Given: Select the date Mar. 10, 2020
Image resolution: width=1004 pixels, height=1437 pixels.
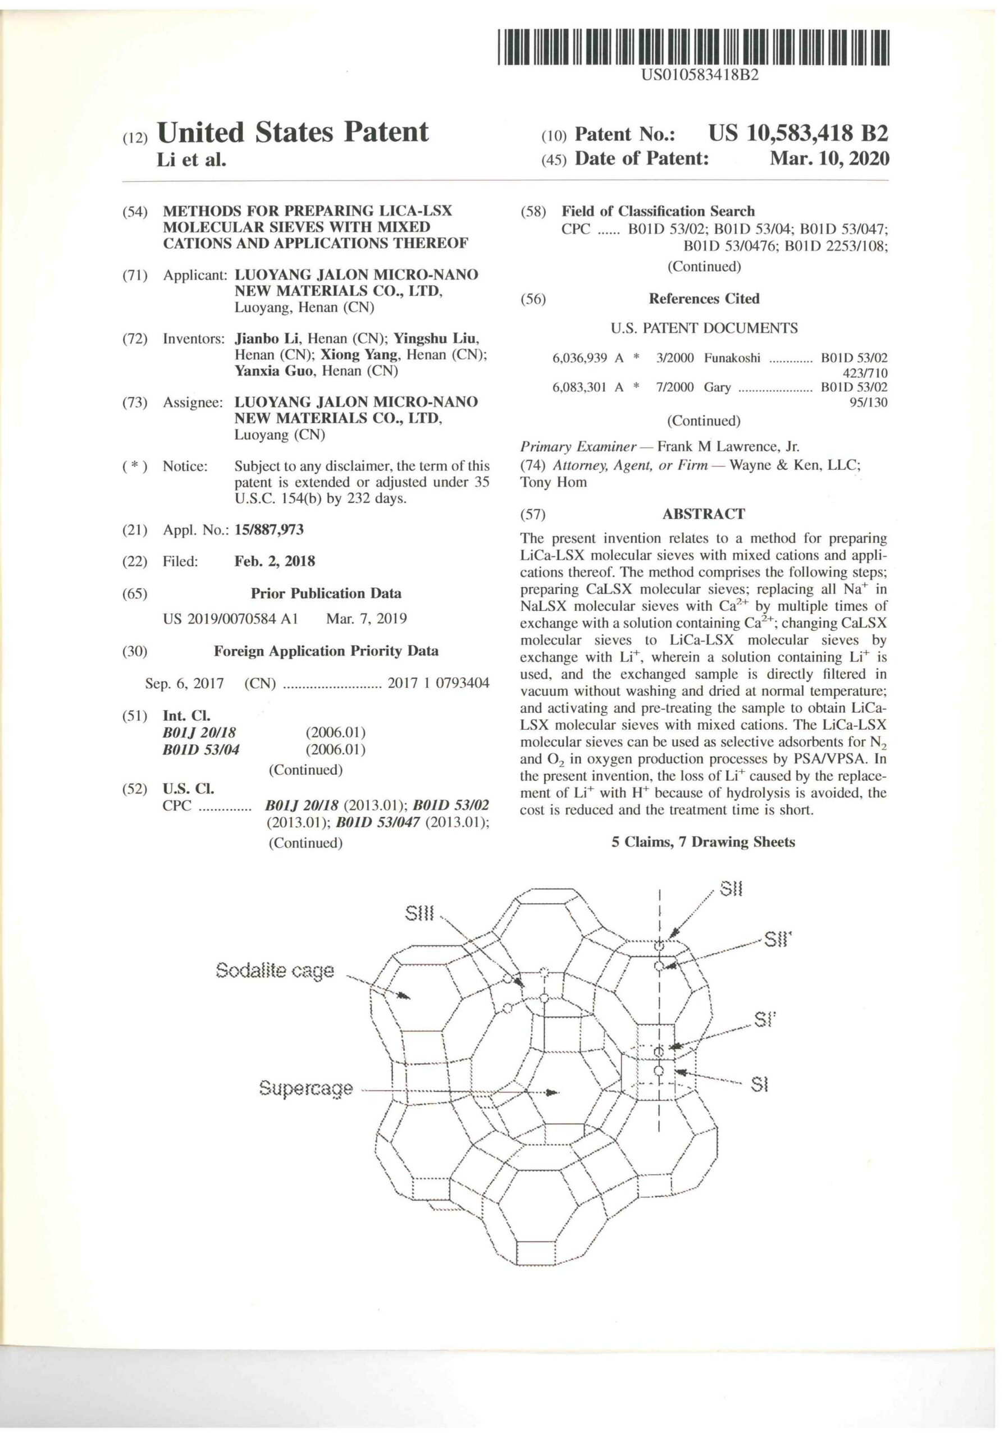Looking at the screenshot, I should pos(829,158).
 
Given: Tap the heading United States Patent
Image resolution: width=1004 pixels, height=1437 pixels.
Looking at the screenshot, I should pos(293,132).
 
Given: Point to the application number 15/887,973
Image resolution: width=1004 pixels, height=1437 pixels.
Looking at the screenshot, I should pos(268,529).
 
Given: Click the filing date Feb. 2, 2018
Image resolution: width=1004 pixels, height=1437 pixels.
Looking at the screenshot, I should pos(274,561).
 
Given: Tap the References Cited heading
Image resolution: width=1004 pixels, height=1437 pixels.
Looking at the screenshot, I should pos(704,299).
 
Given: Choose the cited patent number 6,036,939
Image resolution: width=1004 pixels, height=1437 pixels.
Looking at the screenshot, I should pos(579,358).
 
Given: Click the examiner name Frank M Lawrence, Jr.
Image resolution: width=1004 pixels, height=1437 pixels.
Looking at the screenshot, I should pos(727,447).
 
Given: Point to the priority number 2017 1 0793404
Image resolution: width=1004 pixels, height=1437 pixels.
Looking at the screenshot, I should pos(438,683).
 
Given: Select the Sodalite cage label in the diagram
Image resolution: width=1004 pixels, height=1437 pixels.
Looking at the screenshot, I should pos(275,971).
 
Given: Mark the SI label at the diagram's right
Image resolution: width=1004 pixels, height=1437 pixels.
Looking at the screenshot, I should pos(759,1084).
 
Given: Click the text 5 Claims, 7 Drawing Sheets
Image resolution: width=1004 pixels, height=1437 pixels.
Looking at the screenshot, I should pos(703,842).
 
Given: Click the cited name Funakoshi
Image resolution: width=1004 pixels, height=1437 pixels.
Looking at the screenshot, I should pos(732,358).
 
